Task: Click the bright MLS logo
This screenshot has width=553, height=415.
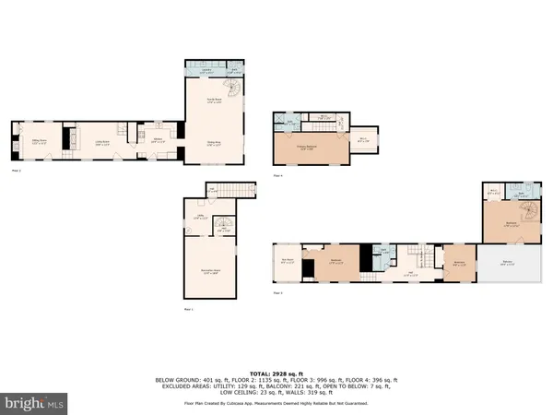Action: (x=35, y=403)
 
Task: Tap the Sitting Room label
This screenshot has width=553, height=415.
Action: (x=40, y=141)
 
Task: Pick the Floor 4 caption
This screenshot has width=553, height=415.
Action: (x=277, y=173)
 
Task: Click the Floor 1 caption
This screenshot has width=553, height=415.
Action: (x=188, y=309)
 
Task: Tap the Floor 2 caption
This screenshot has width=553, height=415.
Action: (x=16, y=171)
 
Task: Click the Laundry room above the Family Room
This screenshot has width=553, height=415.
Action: (x=207, y=70)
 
